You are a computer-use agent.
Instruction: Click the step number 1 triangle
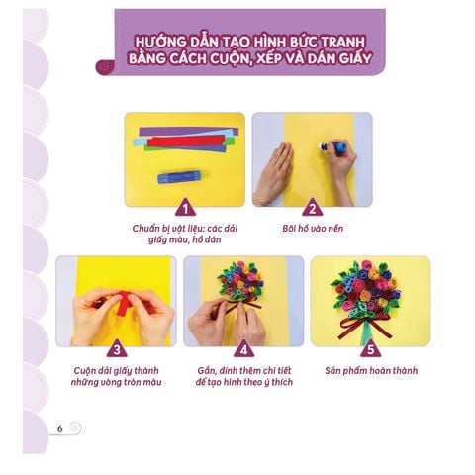185,208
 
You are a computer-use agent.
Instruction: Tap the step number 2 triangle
312,208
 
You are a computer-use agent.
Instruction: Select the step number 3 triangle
117,349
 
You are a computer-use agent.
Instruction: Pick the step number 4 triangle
244,349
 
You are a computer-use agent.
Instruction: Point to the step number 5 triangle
370,349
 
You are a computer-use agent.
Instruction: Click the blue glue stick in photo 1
179,177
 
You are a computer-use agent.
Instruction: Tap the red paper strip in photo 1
186,142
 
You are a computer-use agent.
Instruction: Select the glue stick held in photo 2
332,145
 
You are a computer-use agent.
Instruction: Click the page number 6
59,428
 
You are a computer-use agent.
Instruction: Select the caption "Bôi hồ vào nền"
313,228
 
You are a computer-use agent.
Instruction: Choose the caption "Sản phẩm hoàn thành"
371,370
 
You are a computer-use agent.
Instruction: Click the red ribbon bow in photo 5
365,325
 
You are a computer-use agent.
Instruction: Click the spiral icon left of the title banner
106,67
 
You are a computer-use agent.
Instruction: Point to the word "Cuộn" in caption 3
84,370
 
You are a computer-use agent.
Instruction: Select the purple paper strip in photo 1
188,132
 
